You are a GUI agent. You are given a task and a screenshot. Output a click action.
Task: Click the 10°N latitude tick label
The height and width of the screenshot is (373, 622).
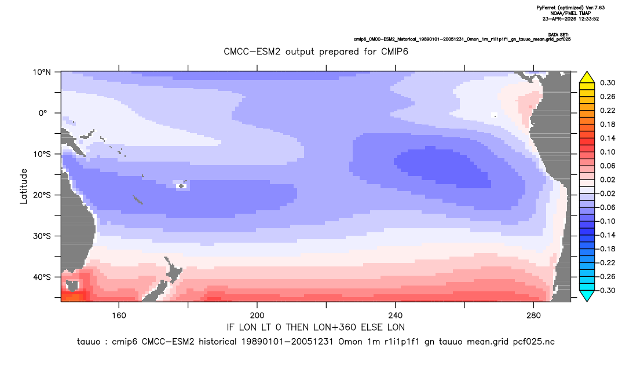pos(41,72)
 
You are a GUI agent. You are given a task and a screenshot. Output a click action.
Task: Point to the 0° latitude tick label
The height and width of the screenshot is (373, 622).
pos(43,113)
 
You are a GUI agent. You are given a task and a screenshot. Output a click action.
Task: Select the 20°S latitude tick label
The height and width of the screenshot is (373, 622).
pos(42,195)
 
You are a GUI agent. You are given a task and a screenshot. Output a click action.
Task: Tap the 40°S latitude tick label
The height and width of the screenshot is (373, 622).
pos(42,277)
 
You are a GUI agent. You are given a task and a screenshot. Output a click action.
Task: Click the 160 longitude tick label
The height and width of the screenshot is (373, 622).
pos(119,316)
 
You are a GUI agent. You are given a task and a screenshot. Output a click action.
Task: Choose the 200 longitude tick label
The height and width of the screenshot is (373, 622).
pos(257,316)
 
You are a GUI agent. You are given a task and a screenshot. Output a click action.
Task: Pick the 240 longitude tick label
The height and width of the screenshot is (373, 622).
pos(395,316)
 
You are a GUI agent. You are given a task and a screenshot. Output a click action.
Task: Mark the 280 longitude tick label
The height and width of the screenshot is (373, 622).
pos(533,316)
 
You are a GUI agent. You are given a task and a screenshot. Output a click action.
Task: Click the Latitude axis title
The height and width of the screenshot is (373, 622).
pos(24,186)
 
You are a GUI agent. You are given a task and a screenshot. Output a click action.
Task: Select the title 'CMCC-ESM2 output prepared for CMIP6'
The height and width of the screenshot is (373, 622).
pos(316,52)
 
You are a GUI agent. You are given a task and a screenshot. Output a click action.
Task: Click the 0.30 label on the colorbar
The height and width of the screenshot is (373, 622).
pos(608,83)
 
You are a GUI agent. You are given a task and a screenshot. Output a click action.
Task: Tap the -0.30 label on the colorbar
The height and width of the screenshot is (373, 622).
pos(606,290)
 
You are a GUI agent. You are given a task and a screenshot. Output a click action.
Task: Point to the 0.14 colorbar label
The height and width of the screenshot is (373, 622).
pos(608,138)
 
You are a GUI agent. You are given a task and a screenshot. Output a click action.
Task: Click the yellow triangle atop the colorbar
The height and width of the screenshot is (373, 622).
pos(587,78)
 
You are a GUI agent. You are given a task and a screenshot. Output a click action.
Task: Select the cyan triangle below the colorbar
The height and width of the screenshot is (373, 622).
pos(587,296)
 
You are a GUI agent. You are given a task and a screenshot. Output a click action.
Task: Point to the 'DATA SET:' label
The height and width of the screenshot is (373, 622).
pos(558,35)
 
